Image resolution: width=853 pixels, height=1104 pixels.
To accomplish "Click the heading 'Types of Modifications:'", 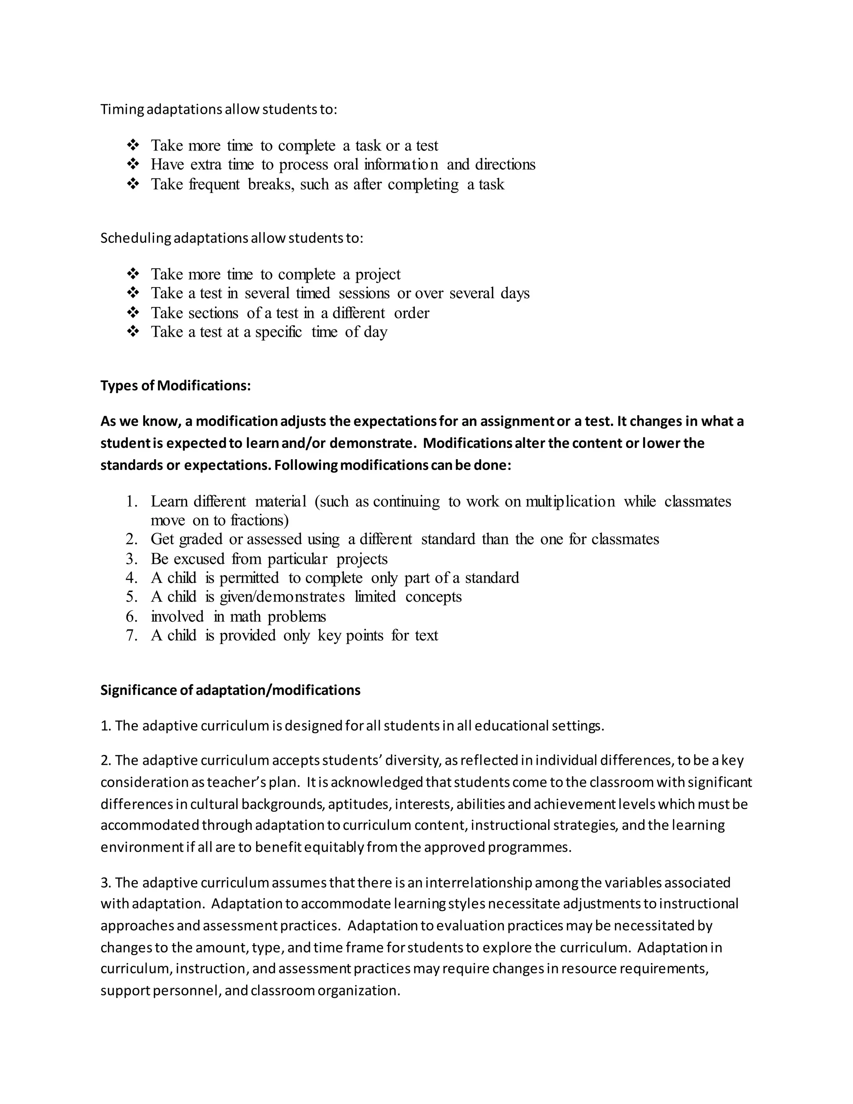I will pos(175,386).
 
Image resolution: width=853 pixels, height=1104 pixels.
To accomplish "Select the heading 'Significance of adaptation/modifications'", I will pos(230,690).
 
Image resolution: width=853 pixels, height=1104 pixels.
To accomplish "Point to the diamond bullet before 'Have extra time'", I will pos(133,164).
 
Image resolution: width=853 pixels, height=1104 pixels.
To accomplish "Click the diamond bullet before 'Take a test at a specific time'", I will pos(133,332).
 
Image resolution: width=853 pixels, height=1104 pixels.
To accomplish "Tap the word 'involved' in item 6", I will pos(177,616).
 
